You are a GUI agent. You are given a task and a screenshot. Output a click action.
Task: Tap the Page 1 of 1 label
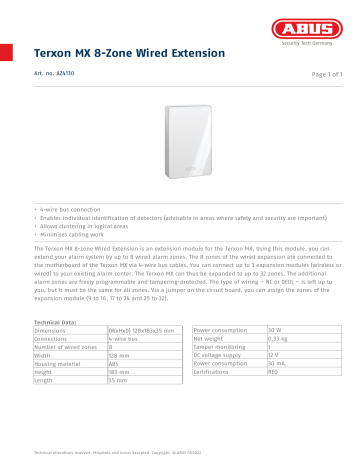321,76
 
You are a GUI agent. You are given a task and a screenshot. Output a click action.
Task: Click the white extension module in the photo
180,141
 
